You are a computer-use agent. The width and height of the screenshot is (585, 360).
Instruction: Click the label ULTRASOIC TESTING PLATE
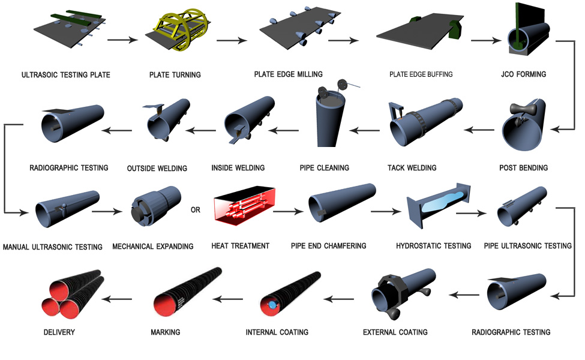click(x=66, y=75)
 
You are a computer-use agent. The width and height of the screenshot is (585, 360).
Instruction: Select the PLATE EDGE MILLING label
click(x=288, y=74)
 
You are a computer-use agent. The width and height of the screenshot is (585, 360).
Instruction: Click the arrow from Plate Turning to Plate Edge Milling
click(x=232, y=41)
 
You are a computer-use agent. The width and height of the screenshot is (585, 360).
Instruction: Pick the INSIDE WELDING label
click(x=238, y=167)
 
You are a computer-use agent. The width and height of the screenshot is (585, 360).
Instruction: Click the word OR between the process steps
click(x=196, y=211)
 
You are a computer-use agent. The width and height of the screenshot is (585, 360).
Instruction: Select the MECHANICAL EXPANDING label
click(x=153, y=246)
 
